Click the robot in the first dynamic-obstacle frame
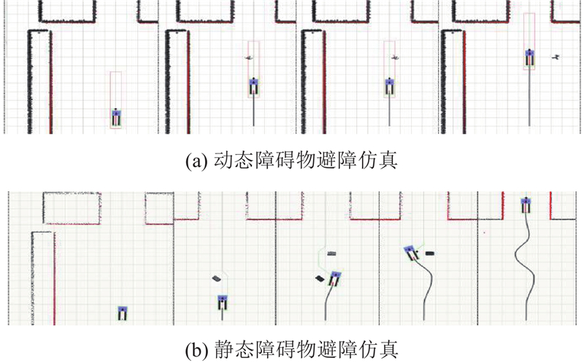click(x=117, y=117)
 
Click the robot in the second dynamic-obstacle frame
click(x=253, y=86)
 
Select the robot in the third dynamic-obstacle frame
click(x=390, y=86)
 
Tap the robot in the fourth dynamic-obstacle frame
click(x=531, y=58)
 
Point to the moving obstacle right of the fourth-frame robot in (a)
click(x=556, y=56)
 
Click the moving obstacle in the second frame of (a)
click(x=250, y=56)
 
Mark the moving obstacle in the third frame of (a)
click(x=395, y=56)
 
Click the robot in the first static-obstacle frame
click(x=123, y=313)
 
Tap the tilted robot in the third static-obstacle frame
click(x=335, y=278)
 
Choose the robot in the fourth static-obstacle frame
click(x=412, y=253)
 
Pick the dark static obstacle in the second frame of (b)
click(x=216, y=278)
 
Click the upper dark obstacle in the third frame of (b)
click(x=332, y=253)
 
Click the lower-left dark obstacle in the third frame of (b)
click(x=319, y=278)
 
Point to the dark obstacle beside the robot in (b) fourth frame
click(x=430, y=253)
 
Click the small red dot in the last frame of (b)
click(x=485, y=233)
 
